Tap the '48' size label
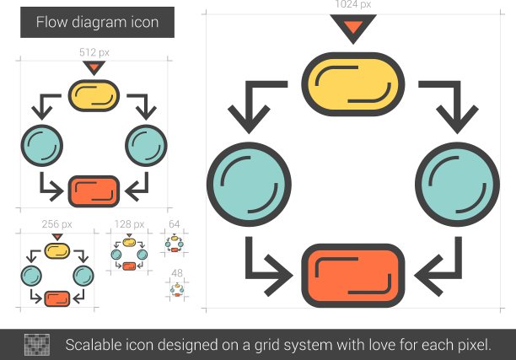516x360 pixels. point(177,273)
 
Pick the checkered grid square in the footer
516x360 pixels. point(37,345)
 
